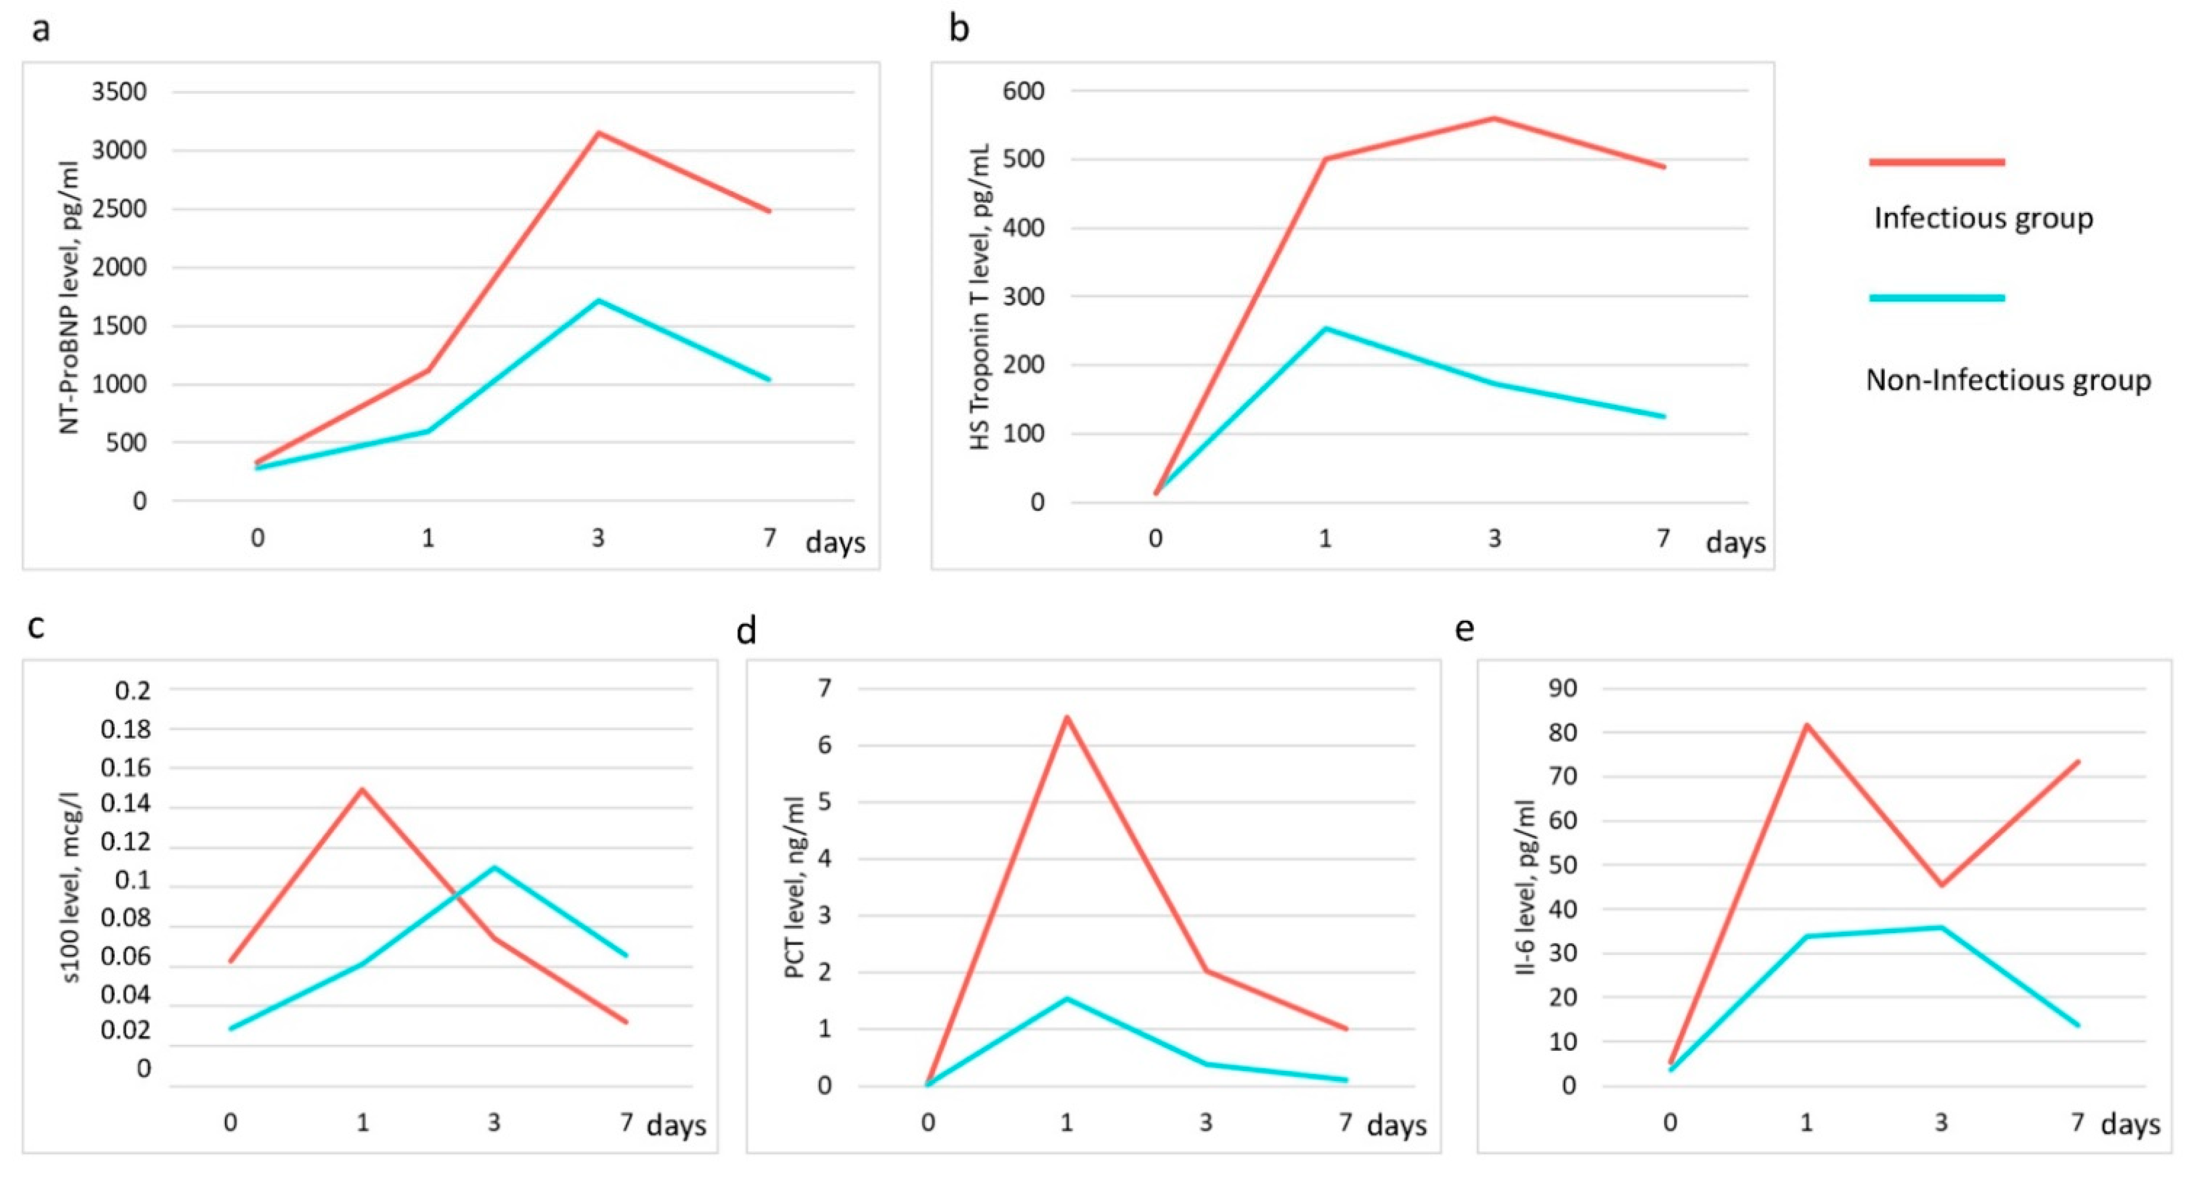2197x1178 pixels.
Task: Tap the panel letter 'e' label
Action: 1464,629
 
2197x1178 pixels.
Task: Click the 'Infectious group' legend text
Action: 1983,218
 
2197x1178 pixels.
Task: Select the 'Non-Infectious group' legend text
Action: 2009,380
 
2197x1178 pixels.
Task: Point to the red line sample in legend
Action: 1937,161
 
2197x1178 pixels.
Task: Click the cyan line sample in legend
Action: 1937,298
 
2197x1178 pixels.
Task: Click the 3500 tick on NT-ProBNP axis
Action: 119,91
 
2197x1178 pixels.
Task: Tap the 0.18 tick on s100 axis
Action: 126,729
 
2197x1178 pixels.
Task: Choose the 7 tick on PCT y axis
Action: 825,688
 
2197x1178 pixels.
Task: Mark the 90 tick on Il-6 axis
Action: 1563,688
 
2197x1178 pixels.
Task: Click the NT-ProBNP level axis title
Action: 70,297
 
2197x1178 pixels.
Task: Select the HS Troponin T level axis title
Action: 981,297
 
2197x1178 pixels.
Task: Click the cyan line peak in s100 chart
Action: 494,868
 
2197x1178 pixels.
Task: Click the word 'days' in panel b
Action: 1735,543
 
